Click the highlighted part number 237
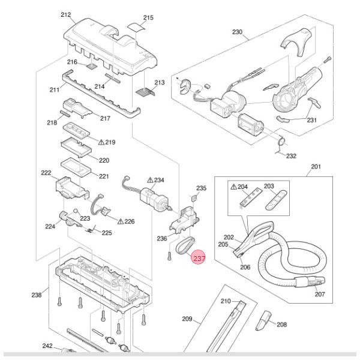[x=198, y=258]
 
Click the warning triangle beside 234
[x=150, y=180]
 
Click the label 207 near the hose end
[x=319, y=295]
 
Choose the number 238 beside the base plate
[x=37, y=295]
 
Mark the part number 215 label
[x=148, y=18]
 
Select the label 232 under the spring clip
[x=291, y=156]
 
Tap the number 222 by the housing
[x=46, y=172]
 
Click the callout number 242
[x=47, y=346]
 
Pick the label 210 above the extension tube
[x=226, y=300]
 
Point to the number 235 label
[x=201, y=188]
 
